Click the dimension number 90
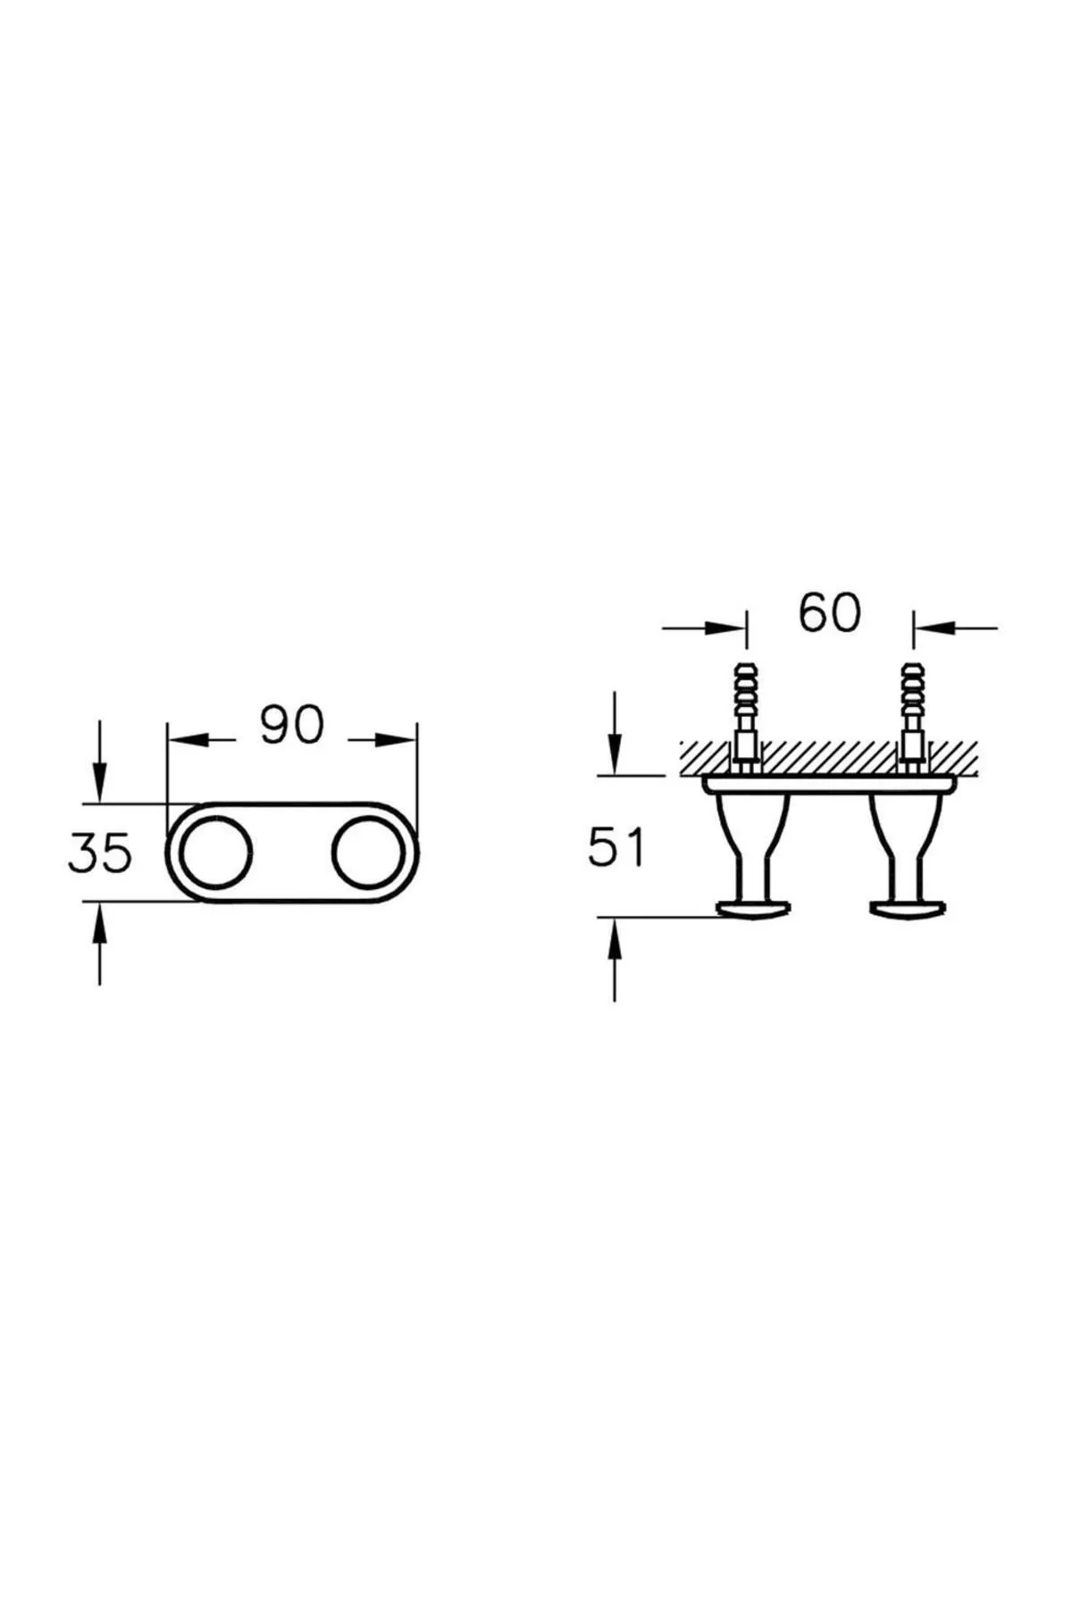(291, 725)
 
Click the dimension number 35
(100, 853)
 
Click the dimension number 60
(830, 612)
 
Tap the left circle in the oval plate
(214, 853)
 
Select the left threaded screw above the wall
(745, 702)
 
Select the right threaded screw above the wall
(914, 702)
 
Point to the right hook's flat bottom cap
(906, 910)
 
